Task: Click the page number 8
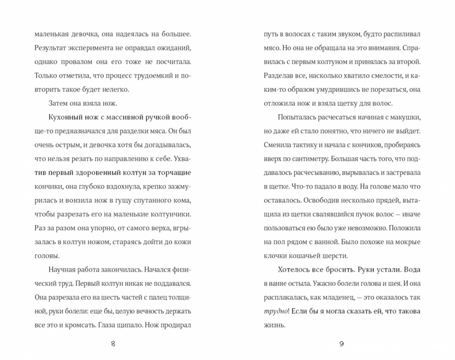coord(113,344)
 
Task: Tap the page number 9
coord(342,344)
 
